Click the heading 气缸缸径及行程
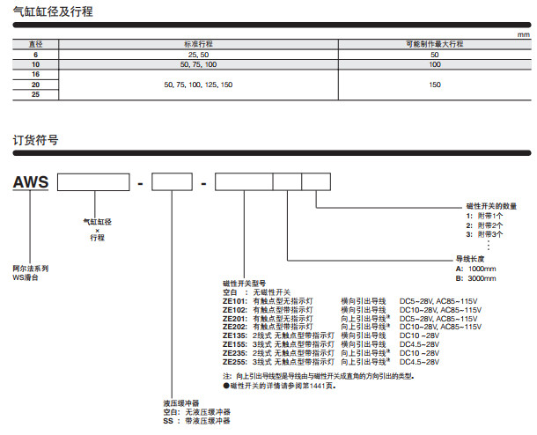[54, 12]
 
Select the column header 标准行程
[199, 43]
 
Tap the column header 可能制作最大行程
[434, 43]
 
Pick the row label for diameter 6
[36, 55]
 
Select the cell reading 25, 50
[199, 55]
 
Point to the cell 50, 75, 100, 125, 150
[199, 85]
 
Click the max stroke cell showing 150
[434, 85]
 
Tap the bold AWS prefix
[32, 183]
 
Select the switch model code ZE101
[236, 301]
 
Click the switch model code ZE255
[236, 362]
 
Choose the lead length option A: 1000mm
[476, 268]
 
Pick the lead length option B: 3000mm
[476, 277]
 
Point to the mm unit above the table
[525, 33]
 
